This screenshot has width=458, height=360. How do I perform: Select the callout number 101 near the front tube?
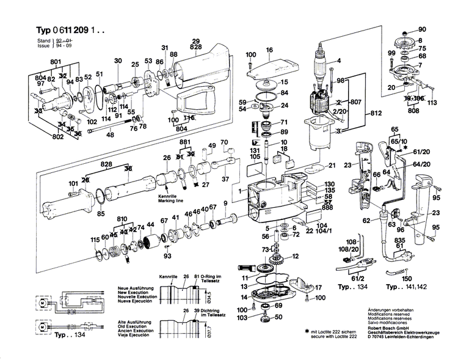click(x=73, y=183)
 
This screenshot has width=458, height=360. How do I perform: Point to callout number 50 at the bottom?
click(x=278, y=318)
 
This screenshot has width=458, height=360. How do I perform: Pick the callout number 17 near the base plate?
click(x=318, y=286)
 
